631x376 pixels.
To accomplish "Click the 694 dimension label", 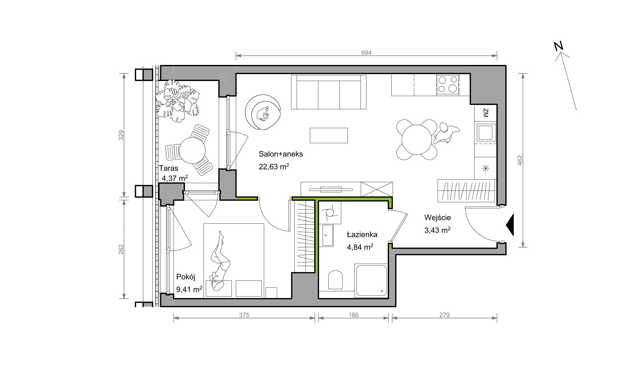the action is pyautogui.click(x=366, y=53).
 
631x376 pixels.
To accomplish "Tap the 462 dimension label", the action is pyautogui.click(x=520, y=160).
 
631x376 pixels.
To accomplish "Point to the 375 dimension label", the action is pyautogui.click(x=244, y=315).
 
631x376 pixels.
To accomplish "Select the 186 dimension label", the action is pyautogui.click(x=353, y=315).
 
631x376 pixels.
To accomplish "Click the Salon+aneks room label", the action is pyautogui.click(x=281, y=154).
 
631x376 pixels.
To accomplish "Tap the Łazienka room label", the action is pyautogui.click(x=362, y=234).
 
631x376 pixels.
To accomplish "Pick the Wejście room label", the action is pyautogui.click(x=438, y=218).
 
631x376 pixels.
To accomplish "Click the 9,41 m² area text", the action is pyautogui.click(x=189, y=289).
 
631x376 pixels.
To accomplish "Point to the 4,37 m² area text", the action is pyautogui.click(x=175, y=178).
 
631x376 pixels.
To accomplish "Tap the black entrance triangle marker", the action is pyautogui.click(x=510, y=225).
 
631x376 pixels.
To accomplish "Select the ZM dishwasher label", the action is pyautogui.click(x=486, y=113).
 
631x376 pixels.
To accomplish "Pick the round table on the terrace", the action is pyautogui.click(x=192, y=150).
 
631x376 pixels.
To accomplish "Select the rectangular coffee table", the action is pyautogui.click(x=329, y=135).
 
